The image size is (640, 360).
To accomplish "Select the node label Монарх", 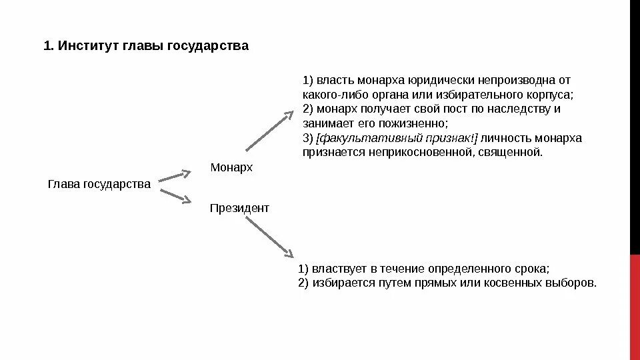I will tap(231, 167).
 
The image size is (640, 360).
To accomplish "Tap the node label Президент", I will tap(239, 208).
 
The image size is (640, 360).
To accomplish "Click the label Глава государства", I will tap(99, 184).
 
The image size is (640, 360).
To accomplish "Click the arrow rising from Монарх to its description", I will tap(269, 129).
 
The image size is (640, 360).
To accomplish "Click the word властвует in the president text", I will tap(335, 269).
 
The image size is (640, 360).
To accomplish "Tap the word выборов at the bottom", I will tap(575, 283).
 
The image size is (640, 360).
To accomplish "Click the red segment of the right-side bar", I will tap(635, 307).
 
